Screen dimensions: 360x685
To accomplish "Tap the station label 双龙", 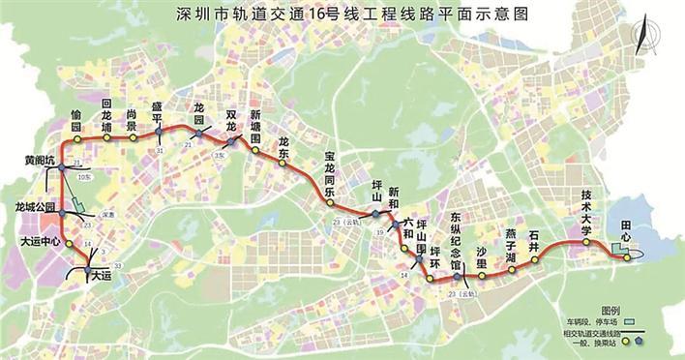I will point(231,120).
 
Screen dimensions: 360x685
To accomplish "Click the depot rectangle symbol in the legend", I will point(630,318).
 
